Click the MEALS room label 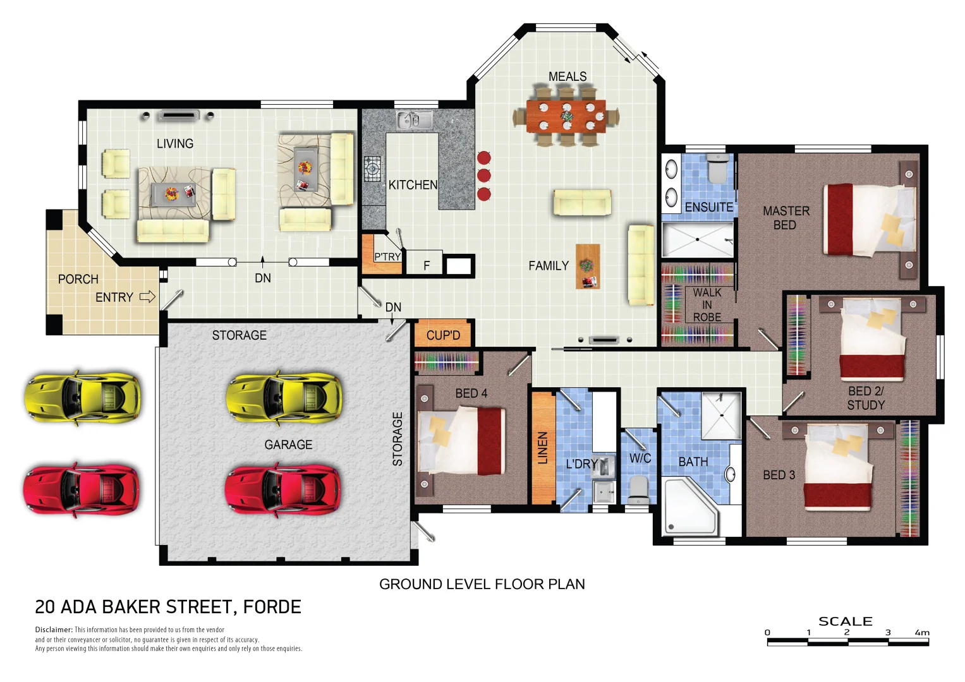tap(567, 76)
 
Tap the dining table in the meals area tap(566, 116)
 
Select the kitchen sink tap(415, 119)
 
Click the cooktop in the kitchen tap(372, 169)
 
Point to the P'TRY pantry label tap(387, 256)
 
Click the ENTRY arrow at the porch tap(147, 297)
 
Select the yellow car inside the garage tap(284, 397)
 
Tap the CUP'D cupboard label tap(443, 335)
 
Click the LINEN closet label tap(543, 448)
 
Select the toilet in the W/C tap(638, 490)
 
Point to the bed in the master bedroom tap(869, 220)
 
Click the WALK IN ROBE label tap(707, 304)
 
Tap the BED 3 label tap(779, 475)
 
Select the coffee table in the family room tap(587, 266)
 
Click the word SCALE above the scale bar tap(845, 621)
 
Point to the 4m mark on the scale tap(922, 632)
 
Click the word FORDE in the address tap(272, 607)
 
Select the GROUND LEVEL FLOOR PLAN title tap(482, 584)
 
